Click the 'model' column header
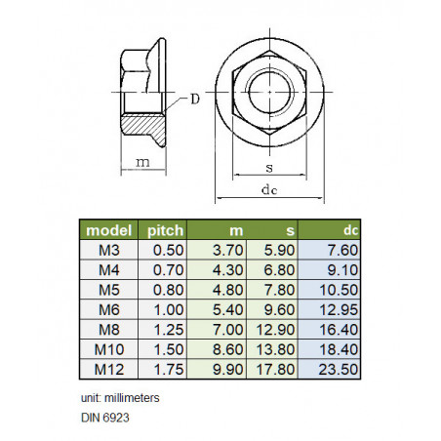(108, 230)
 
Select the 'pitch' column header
(165, 230)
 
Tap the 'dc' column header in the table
(351, 230)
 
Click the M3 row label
(109, 250)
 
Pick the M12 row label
(109, 370)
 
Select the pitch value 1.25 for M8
(169, 330)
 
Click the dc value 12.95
(339, 310)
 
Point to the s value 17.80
(275, 370)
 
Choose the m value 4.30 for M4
(227, 270)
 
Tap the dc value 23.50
(339, 370)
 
